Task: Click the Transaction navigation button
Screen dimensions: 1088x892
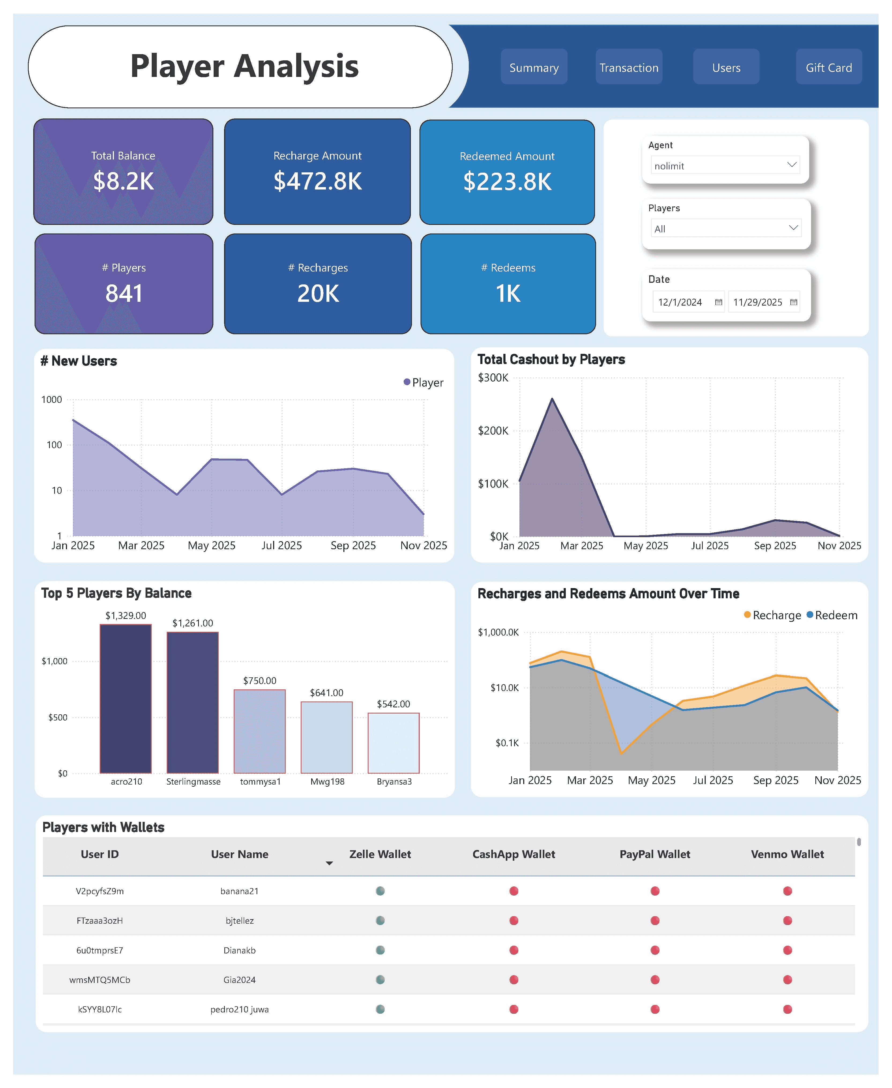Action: (629, 67)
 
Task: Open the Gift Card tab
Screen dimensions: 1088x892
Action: (828, 67)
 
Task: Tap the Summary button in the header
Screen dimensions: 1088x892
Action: (534, 67)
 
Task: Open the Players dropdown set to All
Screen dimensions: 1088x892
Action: (726, 228)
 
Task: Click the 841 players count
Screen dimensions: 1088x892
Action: (124, 294)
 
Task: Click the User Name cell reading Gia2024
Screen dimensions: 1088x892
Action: (239, 979)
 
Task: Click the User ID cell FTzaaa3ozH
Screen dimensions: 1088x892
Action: (100, 920)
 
